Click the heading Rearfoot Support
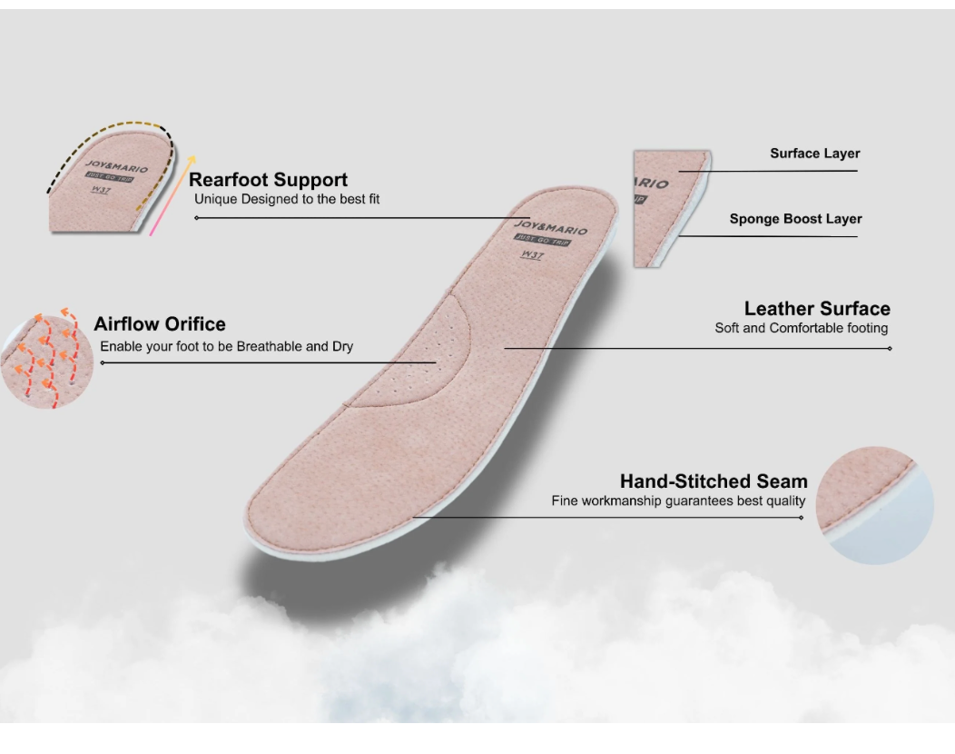pyautogui.click(x=268, y=180)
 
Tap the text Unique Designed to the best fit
pyautogui.click(x=287, y=199)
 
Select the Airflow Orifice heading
pyautogui.click(x=160, y=323)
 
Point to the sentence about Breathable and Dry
pyautogui.click(x=227, y=346)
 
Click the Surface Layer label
pyautogui.click(x=815, y=154)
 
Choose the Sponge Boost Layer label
pyautogui.click(x=795, y=219)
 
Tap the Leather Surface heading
pyautogui.click(x=817, y=309)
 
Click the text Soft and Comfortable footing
pyautogui.click(x=802, y=328)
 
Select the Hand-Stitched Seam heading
pyautogui.click(x=714, y=481)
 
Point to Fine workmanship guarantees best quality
pyautogui.click(x=678, y=501)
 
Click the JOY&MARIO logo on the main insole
pyautogui.click(x=551, y=227)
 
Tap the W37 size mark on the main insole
pyautogui.click(x=532, y=254)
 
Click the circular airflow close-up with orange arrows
pyautogui.click(x=47, y=360)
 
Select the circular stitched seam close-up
pyautogui.click(x=874, y=505)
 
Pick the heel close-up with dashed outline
pyautogui.click(x=112, y=178)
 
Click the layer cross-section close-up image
pyautogui.click(x=672, y=208)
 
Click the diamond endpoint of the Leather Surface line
pyautogui.click(x=890, y=349)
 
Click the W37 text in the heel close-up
pyautogui.click(x=101, y=190)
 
